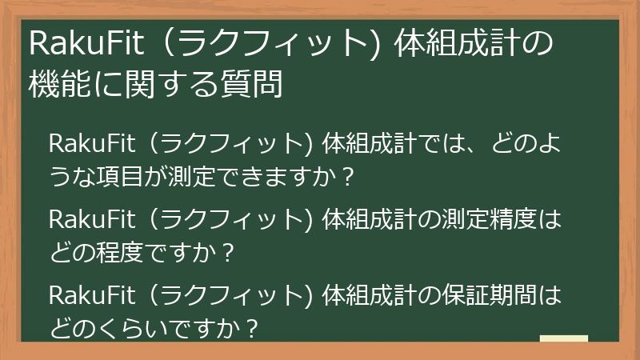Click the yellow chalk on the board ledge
pos(563,338)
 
